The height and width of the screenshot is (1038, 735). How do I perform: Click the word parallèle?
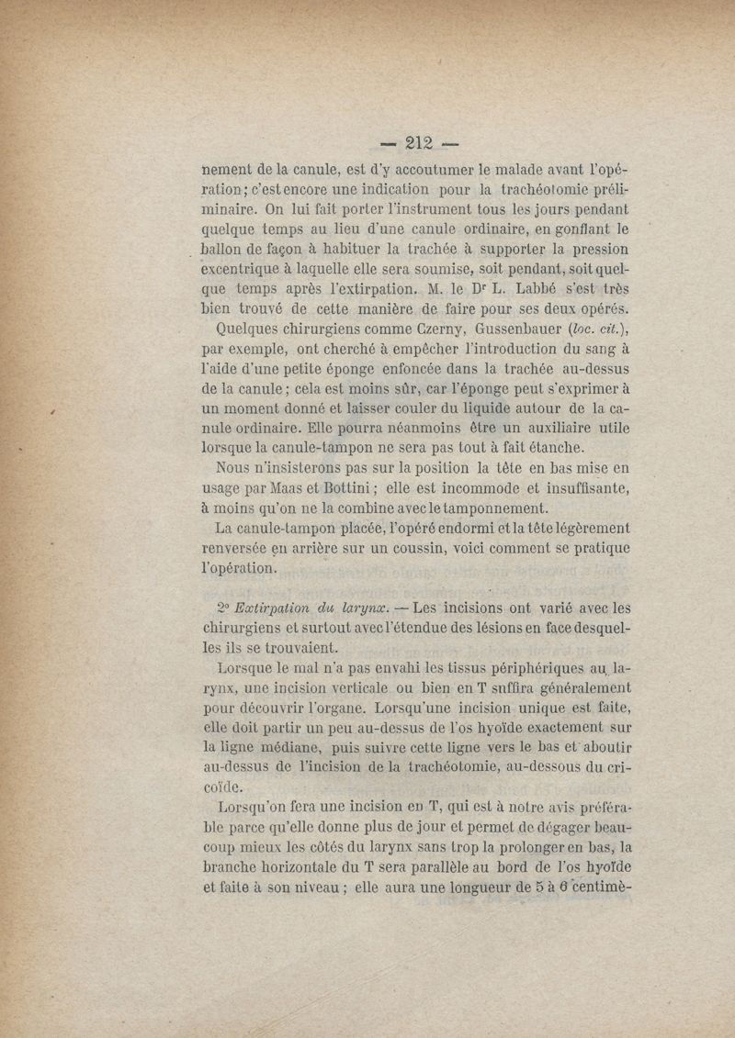(x=456, y=868)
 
